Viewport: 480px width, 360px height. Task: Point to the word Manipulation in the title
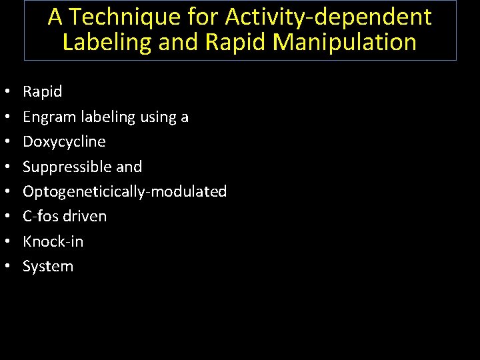[x=345, y=42]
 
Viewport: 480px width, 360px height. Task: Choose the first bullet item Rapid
[x=42, y=91]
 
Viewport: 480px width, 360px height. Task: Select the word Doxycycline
[x=64, y=141]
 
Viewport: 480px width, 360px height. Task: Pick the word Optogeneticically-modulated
[x=125, y=191]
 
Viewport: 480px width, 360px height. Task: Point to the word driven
[x=83, y=216]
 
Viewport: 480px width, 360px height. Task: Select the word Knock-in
[x=53, y=241]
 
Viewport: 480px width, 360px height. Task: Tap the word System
[x=48, y=266]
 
